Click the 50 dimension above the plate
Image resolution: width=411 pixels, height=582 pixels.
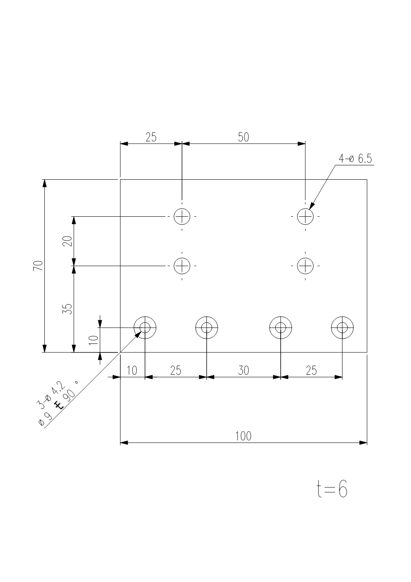click(243, 137)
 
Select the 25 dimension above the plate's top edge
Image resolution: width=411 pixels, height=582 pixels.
click(151, 137)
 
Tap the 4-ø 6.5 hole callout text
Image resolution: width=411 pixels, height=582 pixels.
click(355, 159)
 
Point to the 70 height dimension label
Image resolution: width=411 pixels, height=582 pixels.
click(38, 266)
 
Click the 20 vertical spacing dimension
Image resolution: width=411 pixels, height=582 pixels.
click(67, 241)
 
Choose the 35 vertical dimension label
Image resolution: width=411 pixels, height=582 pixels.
click(67, 309)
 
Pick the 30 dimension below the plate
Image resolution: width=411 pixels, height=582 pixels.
click(243, 371)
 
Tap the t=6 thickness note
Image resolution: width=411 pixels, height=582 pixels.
click(332, 489)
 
